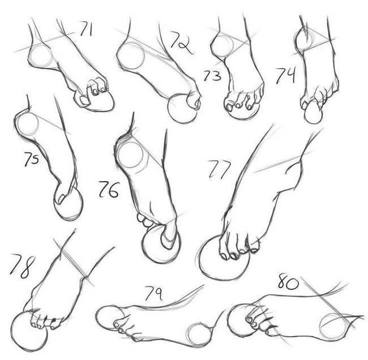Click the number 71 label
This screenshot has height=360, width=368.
pyautogui.click(x=86, y=29)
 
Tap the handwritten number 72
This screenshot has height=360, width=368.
pyautogui.click(x=181, y=42)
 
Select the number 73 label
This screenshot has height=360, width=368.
pyautogui.click(x=212, y=76)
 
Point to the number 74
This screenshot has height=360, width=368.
pyautogui.click(x=285, y=76)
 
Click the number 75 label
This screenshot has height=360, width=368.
pyautogui.click(x=32, y=159)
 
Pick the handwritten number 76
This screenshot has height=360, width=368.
pyautogui.click(x=109, y=190)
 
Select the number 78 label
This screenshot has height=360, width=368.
pyautogui.click(x=22, y=266)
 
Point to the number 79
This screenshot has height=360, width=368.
pyautogui.click(x=154, y=293)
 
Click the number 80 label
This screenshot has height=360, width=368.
pyautogui.click(x=288, y=281)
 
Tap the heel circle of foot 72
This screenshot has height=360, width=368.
pyautogui.click(x=131, y=56)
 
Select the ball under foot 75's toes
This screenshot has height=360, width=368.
pyautogui.click(x=69, y=204)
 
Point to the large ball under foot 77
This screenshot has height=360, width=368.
pyautogui.click(x=224, y=258)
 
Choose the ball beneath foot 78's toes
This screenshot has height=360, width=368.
pyautogui.click(x=29, y=331)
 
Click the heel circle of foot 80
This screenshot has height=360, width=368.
pyautogui.click(x=334, y=325)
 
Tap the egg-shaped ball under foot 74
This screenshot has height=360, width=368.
pyautogui.click(x=314, y=113)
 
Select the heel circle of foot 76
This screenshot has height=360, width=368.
pyautogui.click(x=131, y=155)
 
